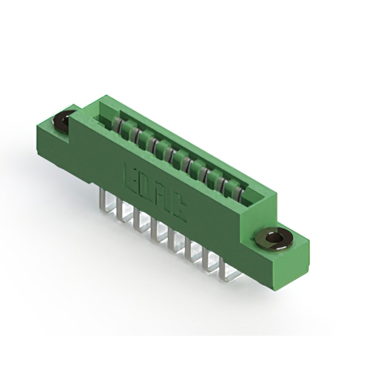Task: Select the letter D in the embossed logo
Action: point(144,185)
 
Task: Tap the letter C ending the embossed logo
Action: point(177,209)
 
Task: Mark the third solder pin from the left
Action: point(140,219)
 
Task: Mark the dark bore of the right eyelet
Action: point(273,238)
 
